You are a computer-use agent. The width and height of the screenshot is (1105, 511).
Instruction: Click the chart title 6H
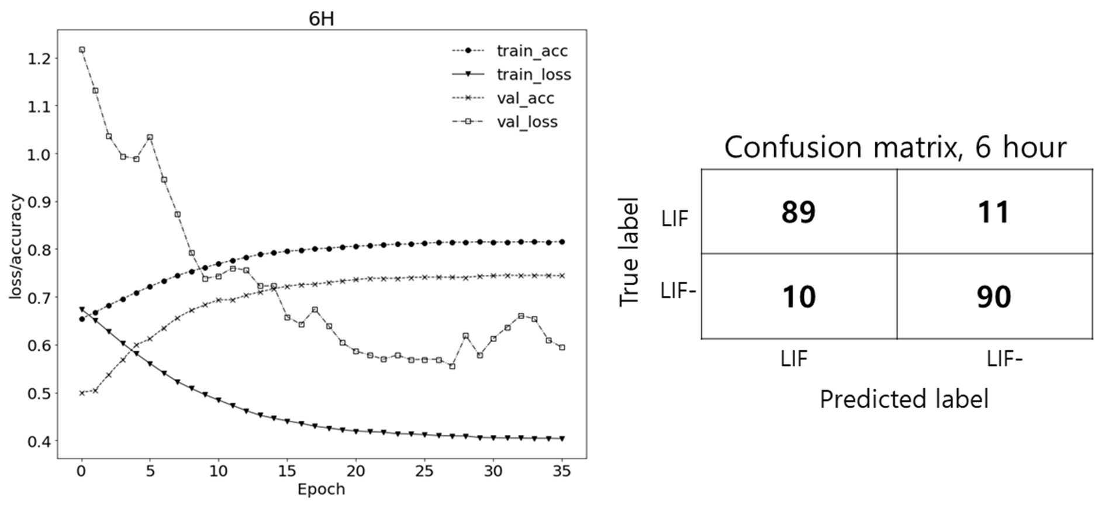(321, 19)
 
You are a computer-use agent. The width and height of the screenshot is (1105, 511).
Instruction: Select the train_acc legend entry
(509, 51)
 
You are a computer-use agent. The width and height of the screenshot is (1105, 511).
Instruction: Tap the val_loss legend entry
(505, 122)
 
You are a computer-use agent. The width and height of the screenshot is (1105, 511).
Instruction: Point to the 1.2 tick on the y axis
(39, 58)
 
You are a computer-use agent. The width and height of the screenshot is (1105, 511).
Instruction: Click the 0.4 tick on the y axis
(39, 441)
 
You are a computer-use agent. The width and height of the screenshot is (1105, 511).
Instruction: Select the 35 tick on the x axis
(562, 471)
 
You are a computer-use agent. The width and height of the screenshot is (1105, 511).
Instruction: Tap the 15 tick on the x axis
(287, 471)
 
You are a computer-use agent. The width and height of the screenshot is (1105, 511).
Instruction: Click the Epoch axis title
(321, 489)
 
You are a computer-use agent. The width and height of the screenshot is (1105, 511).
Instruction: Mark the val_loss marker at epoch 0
(82, 50)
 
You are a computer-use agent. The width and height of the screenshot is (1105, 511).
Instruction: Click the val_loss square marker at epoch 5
(150, 137)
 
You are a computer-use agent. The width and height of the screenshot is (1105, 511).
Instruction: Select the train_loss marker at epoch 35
(562, 439)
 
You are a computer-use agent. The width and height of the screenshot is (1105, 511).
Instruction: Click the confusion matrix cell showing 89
(799, 212)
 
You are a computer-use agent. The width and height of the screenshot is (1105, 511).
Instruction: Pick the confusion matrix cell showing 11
(994, 212)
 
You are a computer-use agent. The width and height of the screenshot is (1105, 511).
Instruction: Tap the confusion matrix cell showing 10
(799, 296)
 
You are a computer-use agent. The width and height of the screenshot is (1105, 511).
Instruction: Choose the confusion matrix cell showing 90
(994, 296)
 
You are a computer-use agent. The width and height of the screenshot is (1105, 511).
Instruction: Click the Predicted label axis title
(904, 399)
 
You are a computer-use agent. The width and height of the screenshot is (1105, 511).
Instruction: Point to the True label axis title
(629, 251)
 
